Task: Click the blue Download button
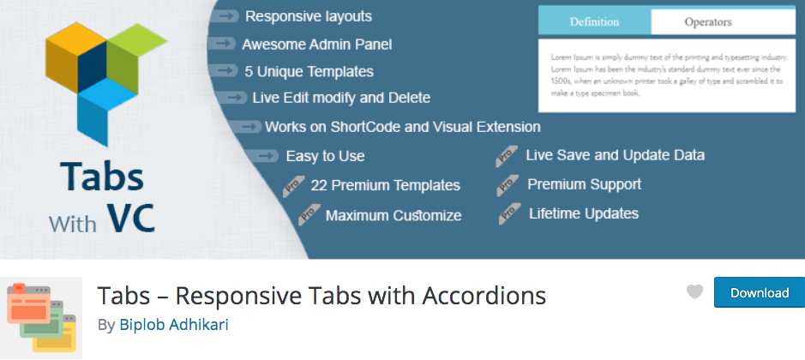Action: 760,292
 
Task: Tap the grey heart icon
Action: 694,291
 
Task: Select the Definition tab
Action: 594,22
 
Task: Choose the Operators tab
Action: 708,22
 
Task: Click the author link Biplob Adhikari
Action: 173,325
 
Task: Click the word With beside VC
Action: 72,224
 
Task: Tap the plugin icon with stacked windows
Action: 41,317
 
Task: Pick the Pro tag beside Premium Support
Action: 508,185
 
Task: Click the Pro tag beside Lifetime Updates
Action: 509,214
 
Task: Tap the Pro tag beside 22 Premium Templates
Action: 294,186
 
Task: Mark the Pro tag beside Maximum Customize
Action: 309,214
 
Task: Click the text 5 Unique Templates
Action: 309,72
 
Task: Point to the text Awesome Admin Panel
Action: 316,45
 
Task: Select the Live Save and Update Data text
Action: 615,155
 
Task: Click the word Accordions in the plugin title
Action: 484,295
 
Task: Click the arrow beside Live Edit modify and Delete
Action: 232,98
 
